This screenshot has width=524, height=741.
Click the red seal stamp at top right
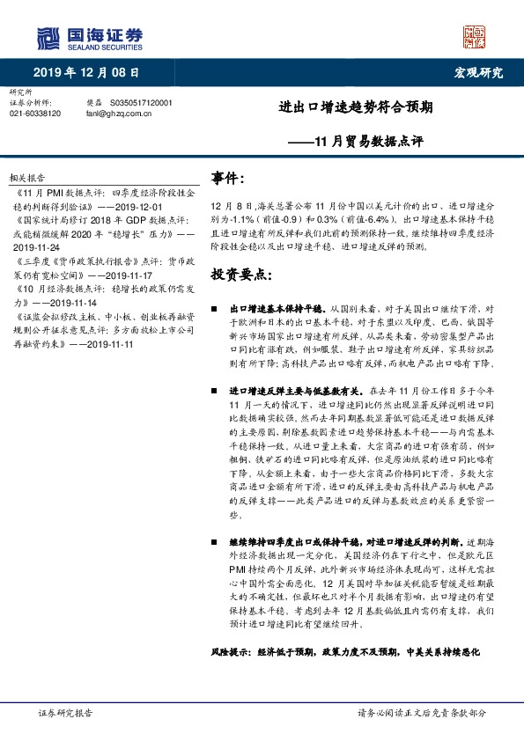pos(475,37)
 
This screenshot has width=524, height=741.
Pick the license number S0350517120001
pos(141,103)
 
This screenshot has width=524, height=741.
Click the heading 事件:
pos(227,179)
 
